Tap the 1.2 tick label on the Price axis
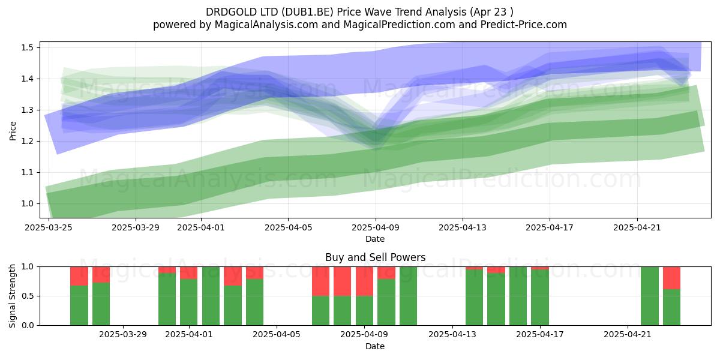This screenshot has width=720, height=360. (27, 142)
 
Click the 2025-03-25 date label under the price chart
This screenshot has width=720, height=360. (49, 227)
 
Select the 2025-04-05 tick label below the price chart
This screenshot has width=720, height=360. (289, 227)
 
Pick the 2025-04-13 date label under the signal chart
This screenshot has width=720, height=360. (452, 335)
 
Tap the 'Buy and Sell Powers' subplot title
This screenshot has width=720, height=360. (375, 257)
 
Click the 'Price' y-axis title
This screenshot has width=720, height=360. (13, 131)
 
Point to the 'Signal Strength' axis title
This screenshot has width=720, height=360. (12, 296)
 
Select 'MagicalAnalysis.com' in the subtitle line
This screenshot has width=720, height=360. (266, 25)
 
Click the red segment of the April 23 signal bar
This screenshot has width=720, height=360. (671, 278)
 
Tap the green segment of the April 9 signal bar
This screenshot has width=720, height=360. (364, 311)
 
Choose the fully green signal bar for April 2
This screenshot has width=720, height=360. (211, 296)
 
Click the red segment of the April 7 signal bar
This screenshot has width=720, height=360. (320, 281)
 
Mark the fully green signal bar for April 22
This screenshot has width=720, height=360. (650, 296)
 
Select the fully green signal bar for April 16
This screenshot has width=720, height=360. (518, 296)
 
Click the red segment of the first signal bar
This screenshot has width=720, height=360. (79, 276)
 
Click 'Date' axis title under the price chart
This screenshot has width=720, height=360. (375, 239)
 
